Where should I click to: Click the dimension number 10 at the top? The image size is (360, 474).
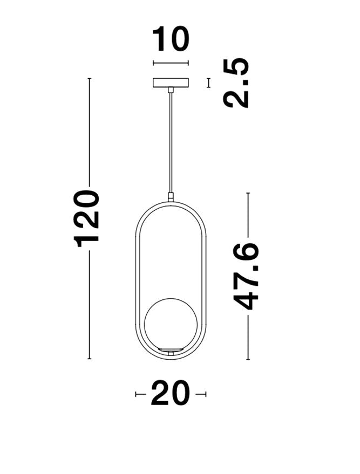(171, 40)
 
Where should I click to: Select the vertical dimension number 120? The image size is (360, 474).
(89, 218)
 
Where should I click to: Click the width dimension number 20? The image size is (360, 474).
(171, 394)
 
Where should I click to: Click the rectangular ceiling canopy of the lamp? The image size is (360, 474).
(171, 83)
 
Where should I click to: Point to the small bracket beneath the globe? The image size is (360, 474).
(171, 352)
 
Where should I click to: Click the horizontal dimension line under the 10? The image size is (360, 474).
(171, 64)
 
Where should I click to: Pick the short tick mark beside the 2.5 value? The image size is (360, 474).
(208, 83)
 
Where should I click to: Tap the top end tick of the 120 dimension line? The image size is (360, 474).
(89, 79)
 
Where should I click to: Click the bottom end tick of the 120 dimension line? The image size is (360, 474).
(89, 359)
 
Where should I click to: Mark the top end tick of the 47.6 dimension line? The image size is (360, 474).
(248, 193)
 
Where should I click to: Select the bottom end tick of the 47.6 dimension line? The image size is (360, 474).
(248, 359)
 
